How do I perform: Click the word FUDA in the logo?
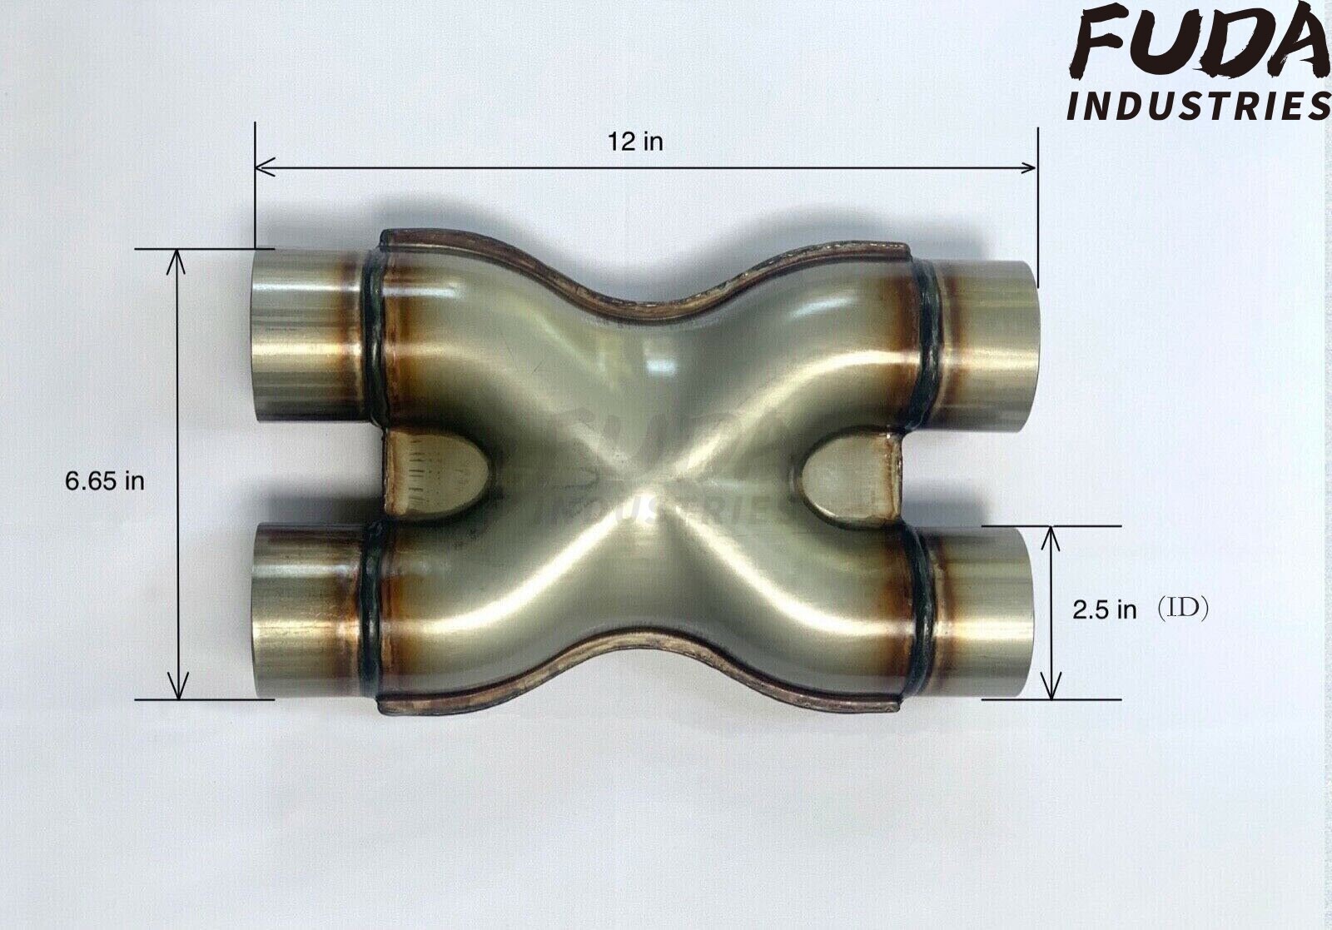click(1199, 42)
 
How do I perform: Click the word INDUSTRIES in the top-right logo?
click(1199, 106)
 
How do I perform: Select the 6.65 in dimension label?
click(104, 481)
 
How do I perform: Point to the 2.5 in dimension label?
click(1104, 610)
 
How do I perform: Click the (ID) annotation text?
click(1183, 609)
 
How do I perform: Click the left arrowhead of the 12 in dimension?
click(261, 168)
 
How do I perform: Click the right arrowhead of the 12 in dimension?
click(1031, 168)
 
